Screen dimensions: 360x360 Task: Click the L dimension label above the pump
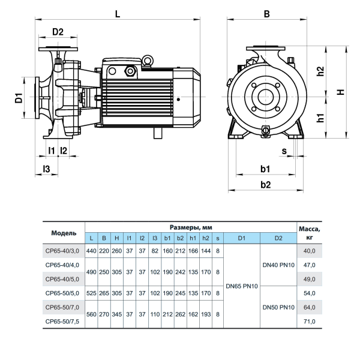click(118, 14)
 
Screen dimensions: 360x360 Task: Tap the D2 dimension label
click(58, 32)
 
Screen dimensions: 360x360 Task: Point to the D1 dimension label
click(19, 98)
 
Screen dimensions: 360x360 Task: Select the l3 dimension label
click(46, 169)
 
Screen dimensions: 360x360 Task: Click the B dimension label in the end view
click(267, 14)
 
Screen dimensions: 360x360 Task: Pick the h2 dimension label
click(320, 71)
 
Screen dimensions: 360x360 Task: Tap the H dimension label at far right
click(341, 92)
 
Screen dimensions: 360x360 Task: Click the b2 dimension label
click(266, 185)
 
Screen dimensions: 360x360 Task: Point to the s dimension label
click(284, 151)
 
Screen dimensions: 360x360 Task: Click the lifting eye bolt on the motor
click(148, 61)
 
